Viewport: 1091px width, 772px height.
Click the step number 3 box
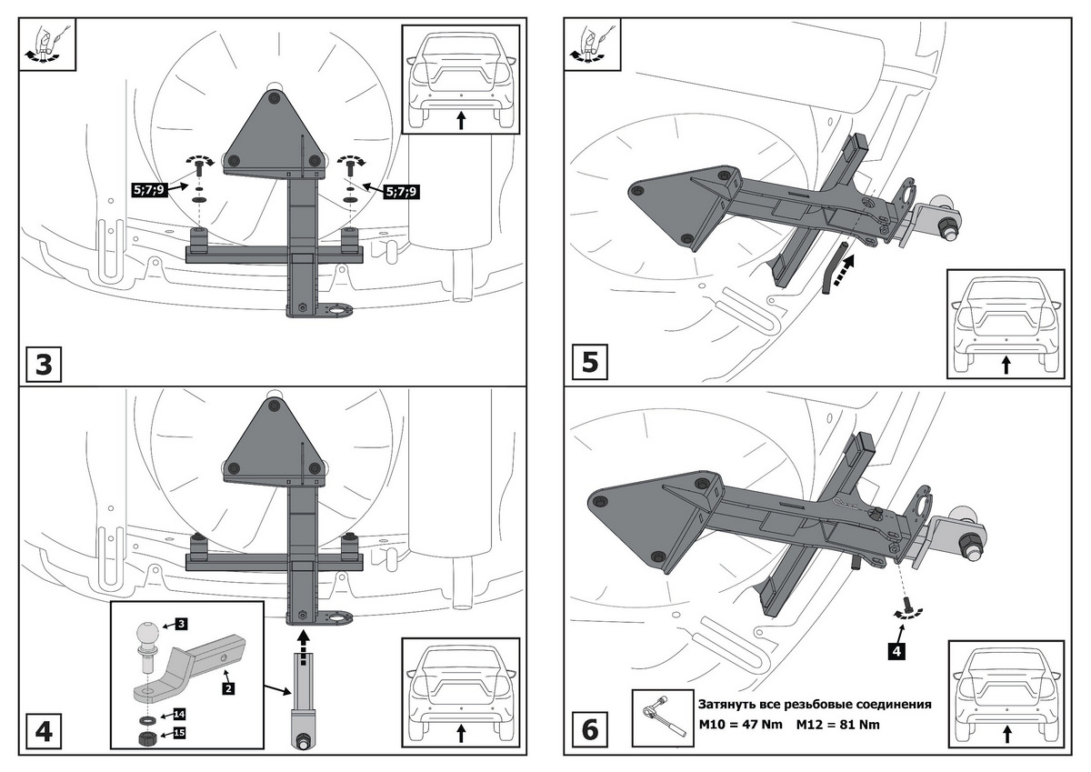coord(43,365)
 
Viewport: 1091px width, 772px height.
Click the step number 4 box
coord(43,730)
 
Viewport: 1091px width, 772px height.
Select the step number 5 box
coord(589,362)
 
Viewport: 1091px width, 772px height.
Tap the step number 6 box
coord(589,730)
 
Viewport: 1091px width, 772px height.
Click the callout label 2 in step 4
coord(228,688)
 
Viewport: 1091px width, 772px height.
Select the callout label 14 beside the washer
coord(179,714)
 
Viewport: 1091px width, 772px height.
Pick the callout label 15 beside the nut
coord(179,732)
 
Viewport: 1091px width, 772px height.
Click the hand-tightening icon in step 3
coord(43,44)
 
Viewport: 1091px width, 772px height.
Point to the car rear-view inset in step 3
coord(460,80)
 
